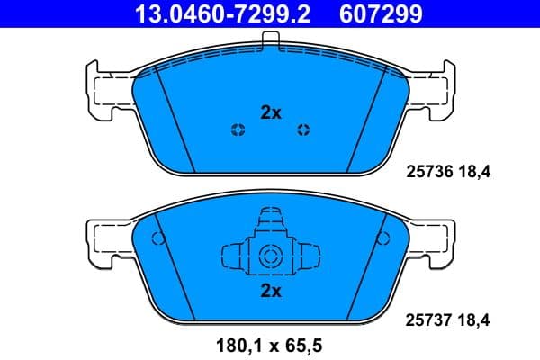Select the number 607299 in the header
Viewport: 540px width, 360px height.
377,13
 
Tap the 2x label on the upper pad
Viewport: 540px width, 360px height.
271,112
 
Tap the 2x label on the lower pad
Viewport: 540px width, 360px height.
271,291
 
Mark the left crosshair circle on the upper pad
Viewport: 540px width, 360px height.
238,129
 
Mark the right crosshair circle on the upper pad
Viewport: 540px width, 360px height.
303,129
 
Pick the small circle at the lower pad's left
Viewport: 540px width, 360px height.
157,239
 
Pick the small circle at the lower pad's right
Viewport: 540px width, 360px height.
384,239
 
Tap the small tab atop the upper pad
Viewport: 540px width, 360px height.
270,38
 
